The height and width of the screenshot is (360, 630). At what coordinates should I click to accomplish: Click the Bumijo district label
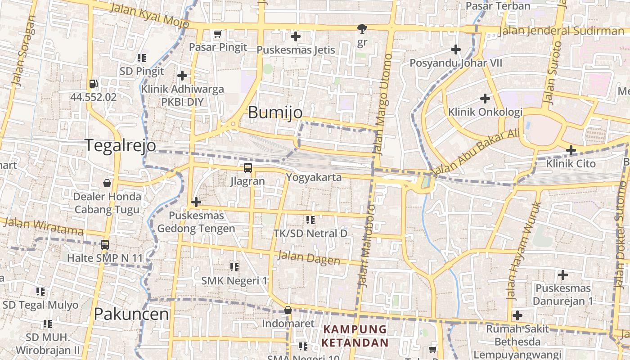click(275, 112)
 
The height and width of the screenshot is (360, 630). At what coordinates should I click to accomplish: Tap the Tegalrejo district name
click(120, 145)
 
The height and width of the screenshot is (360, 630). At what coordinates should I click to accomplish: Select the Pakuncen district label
click(131, 314)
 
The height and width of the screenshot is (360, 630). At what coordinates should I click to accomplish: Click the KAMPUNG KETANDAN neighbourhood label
click(355, 336)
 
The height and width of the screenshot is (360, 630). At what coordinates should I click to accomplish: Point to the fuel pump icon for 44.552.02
click(93, 84)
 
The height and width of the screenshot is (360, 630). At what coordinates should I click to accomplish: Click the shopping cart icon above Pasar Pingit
click(218, 34)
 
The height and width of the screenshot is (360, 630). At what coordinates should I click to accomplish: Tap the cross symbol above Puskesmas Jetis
click(296, 36)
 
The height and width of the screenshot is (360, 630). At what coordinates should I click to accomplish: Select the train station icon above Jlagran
click(247, 168)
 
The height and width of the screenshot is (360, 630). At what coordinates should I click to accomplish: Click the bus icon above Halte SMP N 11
click(105, 245)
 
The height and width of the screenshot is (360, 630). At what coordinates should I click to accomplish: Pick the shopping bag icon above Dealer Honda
click(107, 183)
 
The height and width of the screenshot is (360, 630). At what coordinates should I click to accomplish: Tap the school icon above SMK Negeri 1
click(234, 267)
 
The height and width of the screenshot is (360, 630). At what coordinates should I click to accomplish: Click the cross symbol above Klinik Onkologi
click(485, 98)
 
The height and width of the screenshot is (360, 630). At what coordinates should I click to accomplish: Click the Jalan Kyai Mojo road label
click(149, 14)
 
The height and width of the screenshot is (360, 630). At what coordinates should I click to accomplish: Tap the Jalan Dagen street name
click(309, 258)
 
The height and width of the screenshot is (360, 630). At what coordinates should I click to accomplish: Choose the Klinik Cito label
click(571, 163)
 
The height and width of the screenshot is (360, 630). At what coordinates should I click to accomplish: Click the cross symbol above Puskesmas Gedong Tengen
click(196, 202)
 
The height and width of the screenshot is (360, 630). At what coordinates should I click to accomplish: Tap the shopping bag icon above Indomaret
click(288, 310)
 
